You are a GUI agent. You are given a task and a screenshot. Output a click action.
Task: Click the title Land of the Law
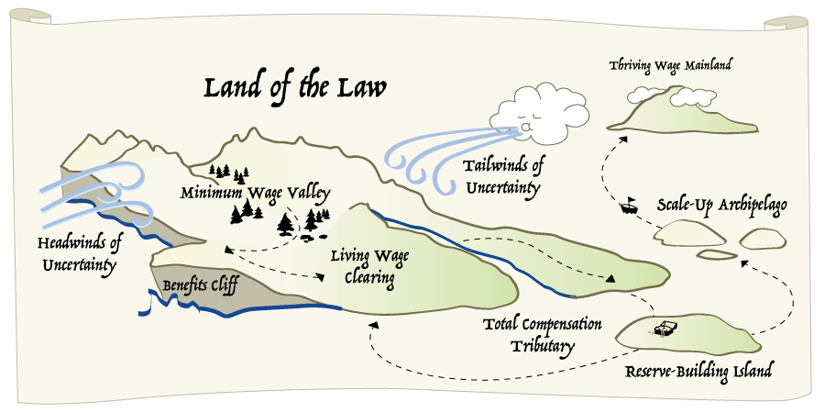pyautogui.click(x=293, y=88)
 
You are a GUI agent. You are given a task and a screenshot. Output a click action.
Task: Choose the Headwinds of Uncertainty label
pyautogui.click(x=79, y=254)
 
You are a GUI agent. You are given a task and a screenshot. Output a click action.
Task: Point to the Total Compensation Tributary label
pyautogui.click(x=542, y=335)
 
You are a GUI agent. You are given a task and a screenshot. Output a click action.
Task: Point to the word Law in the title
pyautogui.click(x=359, y=88)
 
